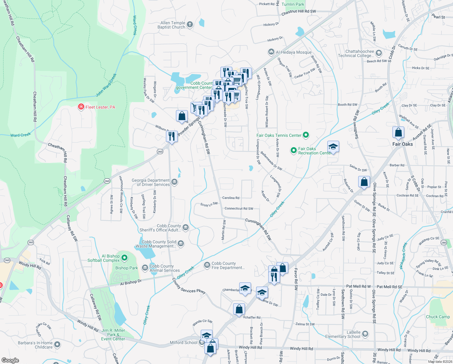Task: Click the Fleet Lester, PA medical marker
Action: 81,107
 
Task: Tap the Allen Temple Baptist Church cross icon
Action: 190,25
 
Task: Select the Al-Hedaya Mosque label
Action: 293,52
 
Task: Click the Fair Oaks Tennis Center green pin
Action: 306,135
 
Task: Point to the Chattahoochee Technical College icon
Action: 379,53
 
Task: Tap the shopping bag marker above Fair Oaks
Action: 398,133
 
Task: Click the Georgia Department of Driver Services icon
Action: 174,182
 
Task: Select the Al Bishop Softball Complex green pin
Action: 124,258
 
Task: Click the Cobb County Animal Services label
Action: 164,268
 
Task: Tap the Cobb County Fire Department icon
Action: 207,265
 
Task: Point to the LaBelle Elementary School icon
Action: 365,334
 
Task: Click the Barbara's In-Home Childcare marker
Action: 57,345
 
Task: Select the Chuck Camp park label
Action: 438,317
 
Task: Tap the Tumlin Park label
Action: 293,4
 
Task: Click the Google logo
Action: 10,360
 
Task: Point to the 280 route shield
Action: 444,242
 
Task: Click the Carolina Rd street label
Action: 231,198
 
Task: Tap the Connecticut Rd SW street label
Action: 239,208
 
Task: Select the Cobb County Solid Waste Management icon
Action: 181,243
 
